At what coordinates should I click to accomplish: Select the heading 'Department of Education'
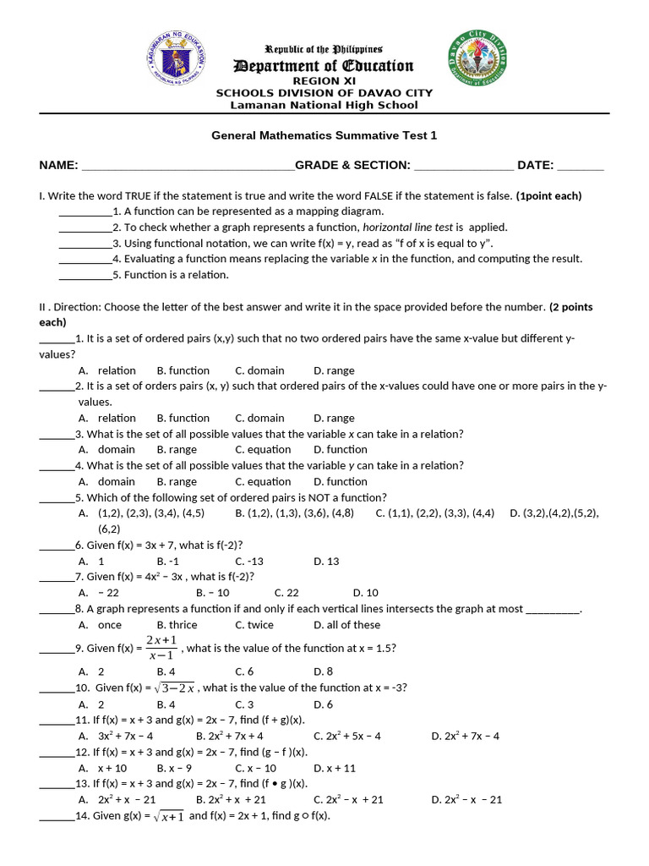(324, 66)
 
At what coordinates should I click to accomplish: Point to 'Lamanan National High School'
(324, 105)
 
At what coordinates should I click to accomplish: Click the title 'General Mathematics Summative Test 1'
(324, 135)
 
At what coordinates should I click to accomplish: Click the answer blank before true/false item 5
(85, 275)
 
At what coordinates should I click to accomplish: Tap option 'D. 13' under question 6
(326, 561)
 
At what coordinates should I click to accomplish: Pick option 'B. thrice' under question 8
(177, 625)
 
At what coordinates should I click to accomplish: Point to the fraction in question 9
(161, 648)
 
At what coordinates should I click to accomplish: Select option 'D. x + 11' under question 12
(334, 768)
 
